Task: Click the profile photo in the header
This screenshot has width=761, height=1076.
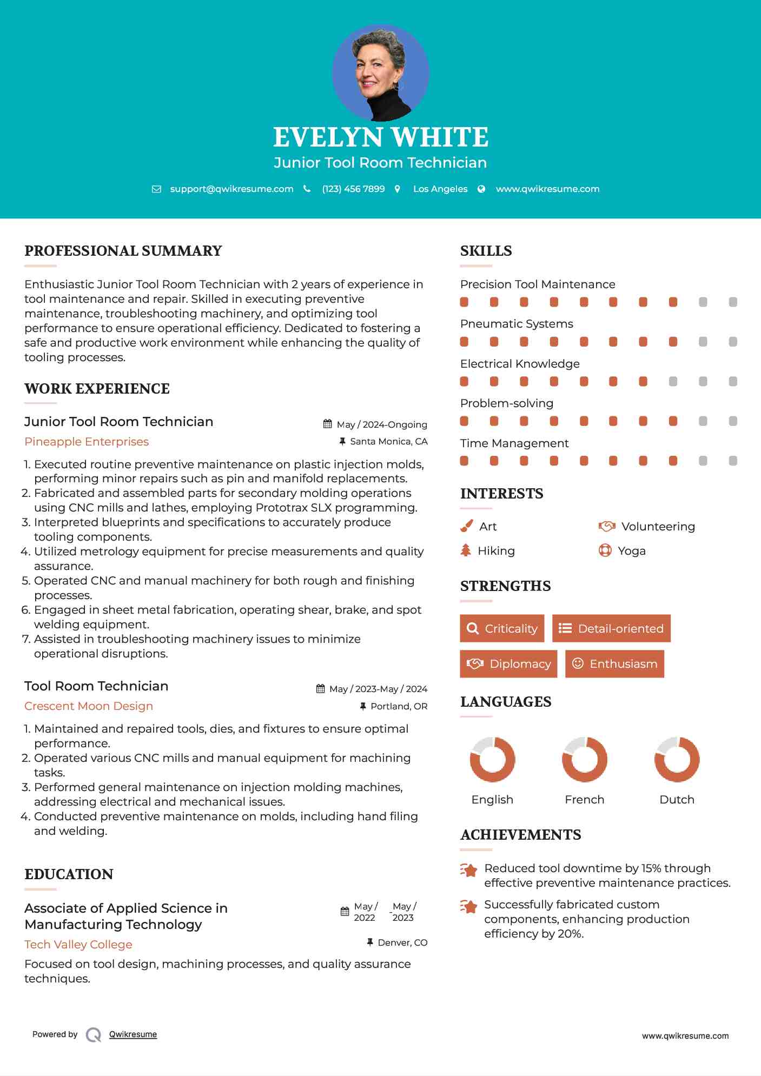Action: pos(380,72)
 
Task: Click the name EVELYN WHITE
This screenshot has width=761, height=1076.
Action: pos(380,137)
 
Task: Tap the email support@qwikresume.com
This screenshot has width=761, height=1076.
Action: pos(231,189)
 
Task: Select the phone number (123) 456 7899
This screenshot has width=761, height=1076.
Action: pos(353,189)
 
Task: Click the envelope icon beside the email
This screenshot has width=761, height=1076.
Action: pos(156,189)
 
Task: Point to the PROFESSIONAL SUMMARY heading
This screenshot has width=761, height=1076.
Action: pos(123,251)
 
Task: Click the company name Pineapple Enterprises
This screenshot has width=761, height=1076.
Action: pos(87,442)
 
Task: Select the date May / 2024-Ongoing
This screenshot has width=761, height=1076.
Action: pos(382,424)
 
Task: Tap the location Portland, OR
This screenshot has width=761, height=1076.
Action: pos(399,706)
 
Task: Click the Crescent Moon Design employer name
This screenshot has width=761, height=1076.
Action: pos(89,706)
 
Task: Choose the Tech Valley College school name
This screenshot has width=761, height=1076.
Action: pos(78,945)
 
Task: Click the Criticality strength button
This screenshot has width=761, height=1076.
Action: pos(502,628)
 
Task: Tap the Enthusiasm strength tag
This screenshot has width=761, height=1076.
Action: pos(614,664)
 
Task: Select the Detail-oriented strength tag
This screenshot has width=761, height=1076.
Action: pos(611,628)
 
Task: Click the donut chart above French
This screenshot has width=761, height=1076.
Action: pos(584,759)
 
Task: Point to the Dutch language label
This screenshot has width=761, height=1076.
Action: pos(677,800)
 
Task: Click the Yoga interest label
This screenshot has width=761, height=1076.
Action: pos(632,551)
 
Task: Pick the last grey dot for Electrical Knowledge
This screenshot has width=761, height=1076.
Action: pos(733,382)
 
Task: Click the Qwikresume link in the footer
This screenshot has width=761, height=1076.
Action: pos(133,1034)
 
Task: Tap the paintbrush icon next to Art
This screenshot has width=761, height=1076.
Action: pos(466,526)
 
